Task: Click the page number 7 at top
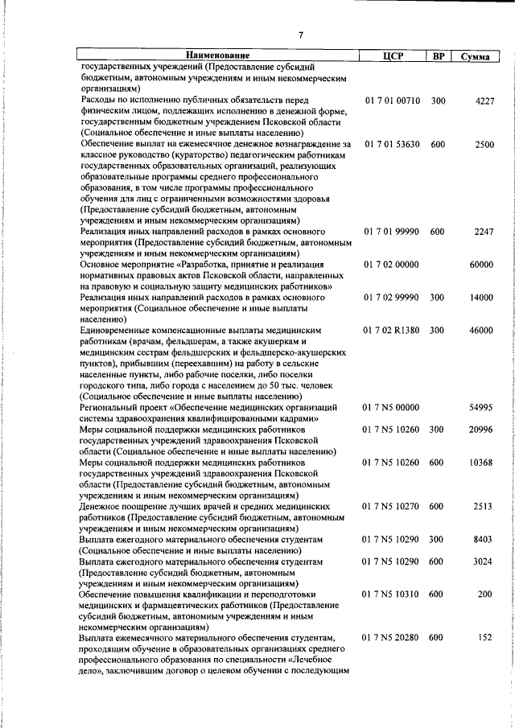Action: (299, 35)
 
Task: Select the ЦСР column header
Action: (392, 56)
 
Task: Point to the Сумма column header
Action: (476, 56)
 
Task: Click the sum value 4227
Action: (484, 100)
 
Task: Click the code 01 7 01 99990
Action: (392, 231)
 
